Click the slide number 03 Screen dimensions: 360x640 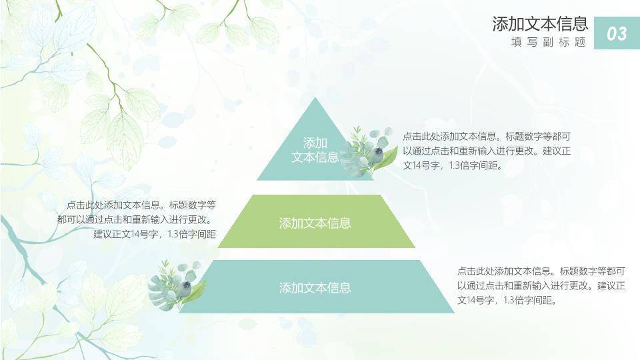click(x=617, y=33)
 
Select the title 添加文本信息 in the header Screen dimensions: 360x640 click(x=540, y=24)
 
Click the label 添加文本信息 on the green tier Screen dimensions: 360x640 click(x=315, y=223)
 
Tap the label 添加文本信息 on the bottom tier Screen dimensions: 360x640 click(x=315, y=288)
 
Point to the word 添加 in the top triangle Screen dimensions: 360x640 click(x=315, y=143)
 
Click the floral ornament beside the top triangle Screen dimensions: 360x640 click(x=368, y=151)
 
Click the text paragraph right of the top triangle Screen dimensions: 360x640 click(x=487, y=151)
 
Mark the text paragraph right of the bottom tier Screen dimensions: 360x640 click(x=541, y=286)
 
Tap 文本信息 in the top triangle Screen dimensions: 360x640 click(x=315, y=157)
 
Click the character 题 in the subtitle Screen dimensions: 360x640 click(x=580, y=42)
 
